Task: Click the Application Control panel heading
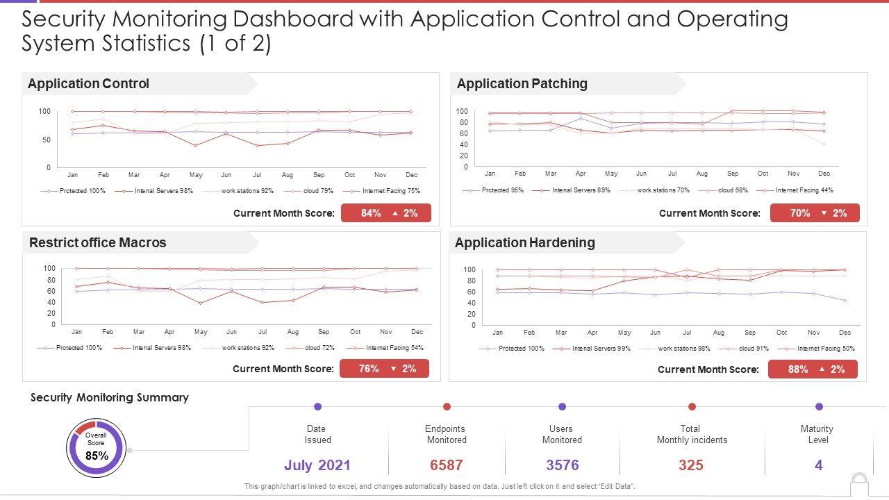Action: coord(88,84)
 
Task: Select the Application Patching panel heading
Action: coord(522,84)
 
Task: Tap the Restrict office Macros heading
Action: coord(97,243)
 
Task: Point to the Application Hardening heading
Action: coord(524,243)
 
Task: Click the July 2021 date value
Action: coord(317,465)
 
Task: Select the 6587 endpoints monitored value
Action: coord(446,465)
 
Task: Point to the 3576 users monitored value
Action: coord(562,465)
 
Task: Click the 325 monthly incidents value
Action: coord(691,465)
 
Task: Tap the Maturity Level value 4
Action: coord(819,465)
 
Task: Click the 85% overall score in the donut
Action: coord(97,456)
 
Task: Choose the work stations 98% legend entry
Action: coord(683,349)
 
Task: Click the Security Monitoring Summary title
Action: coord(110,398)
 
